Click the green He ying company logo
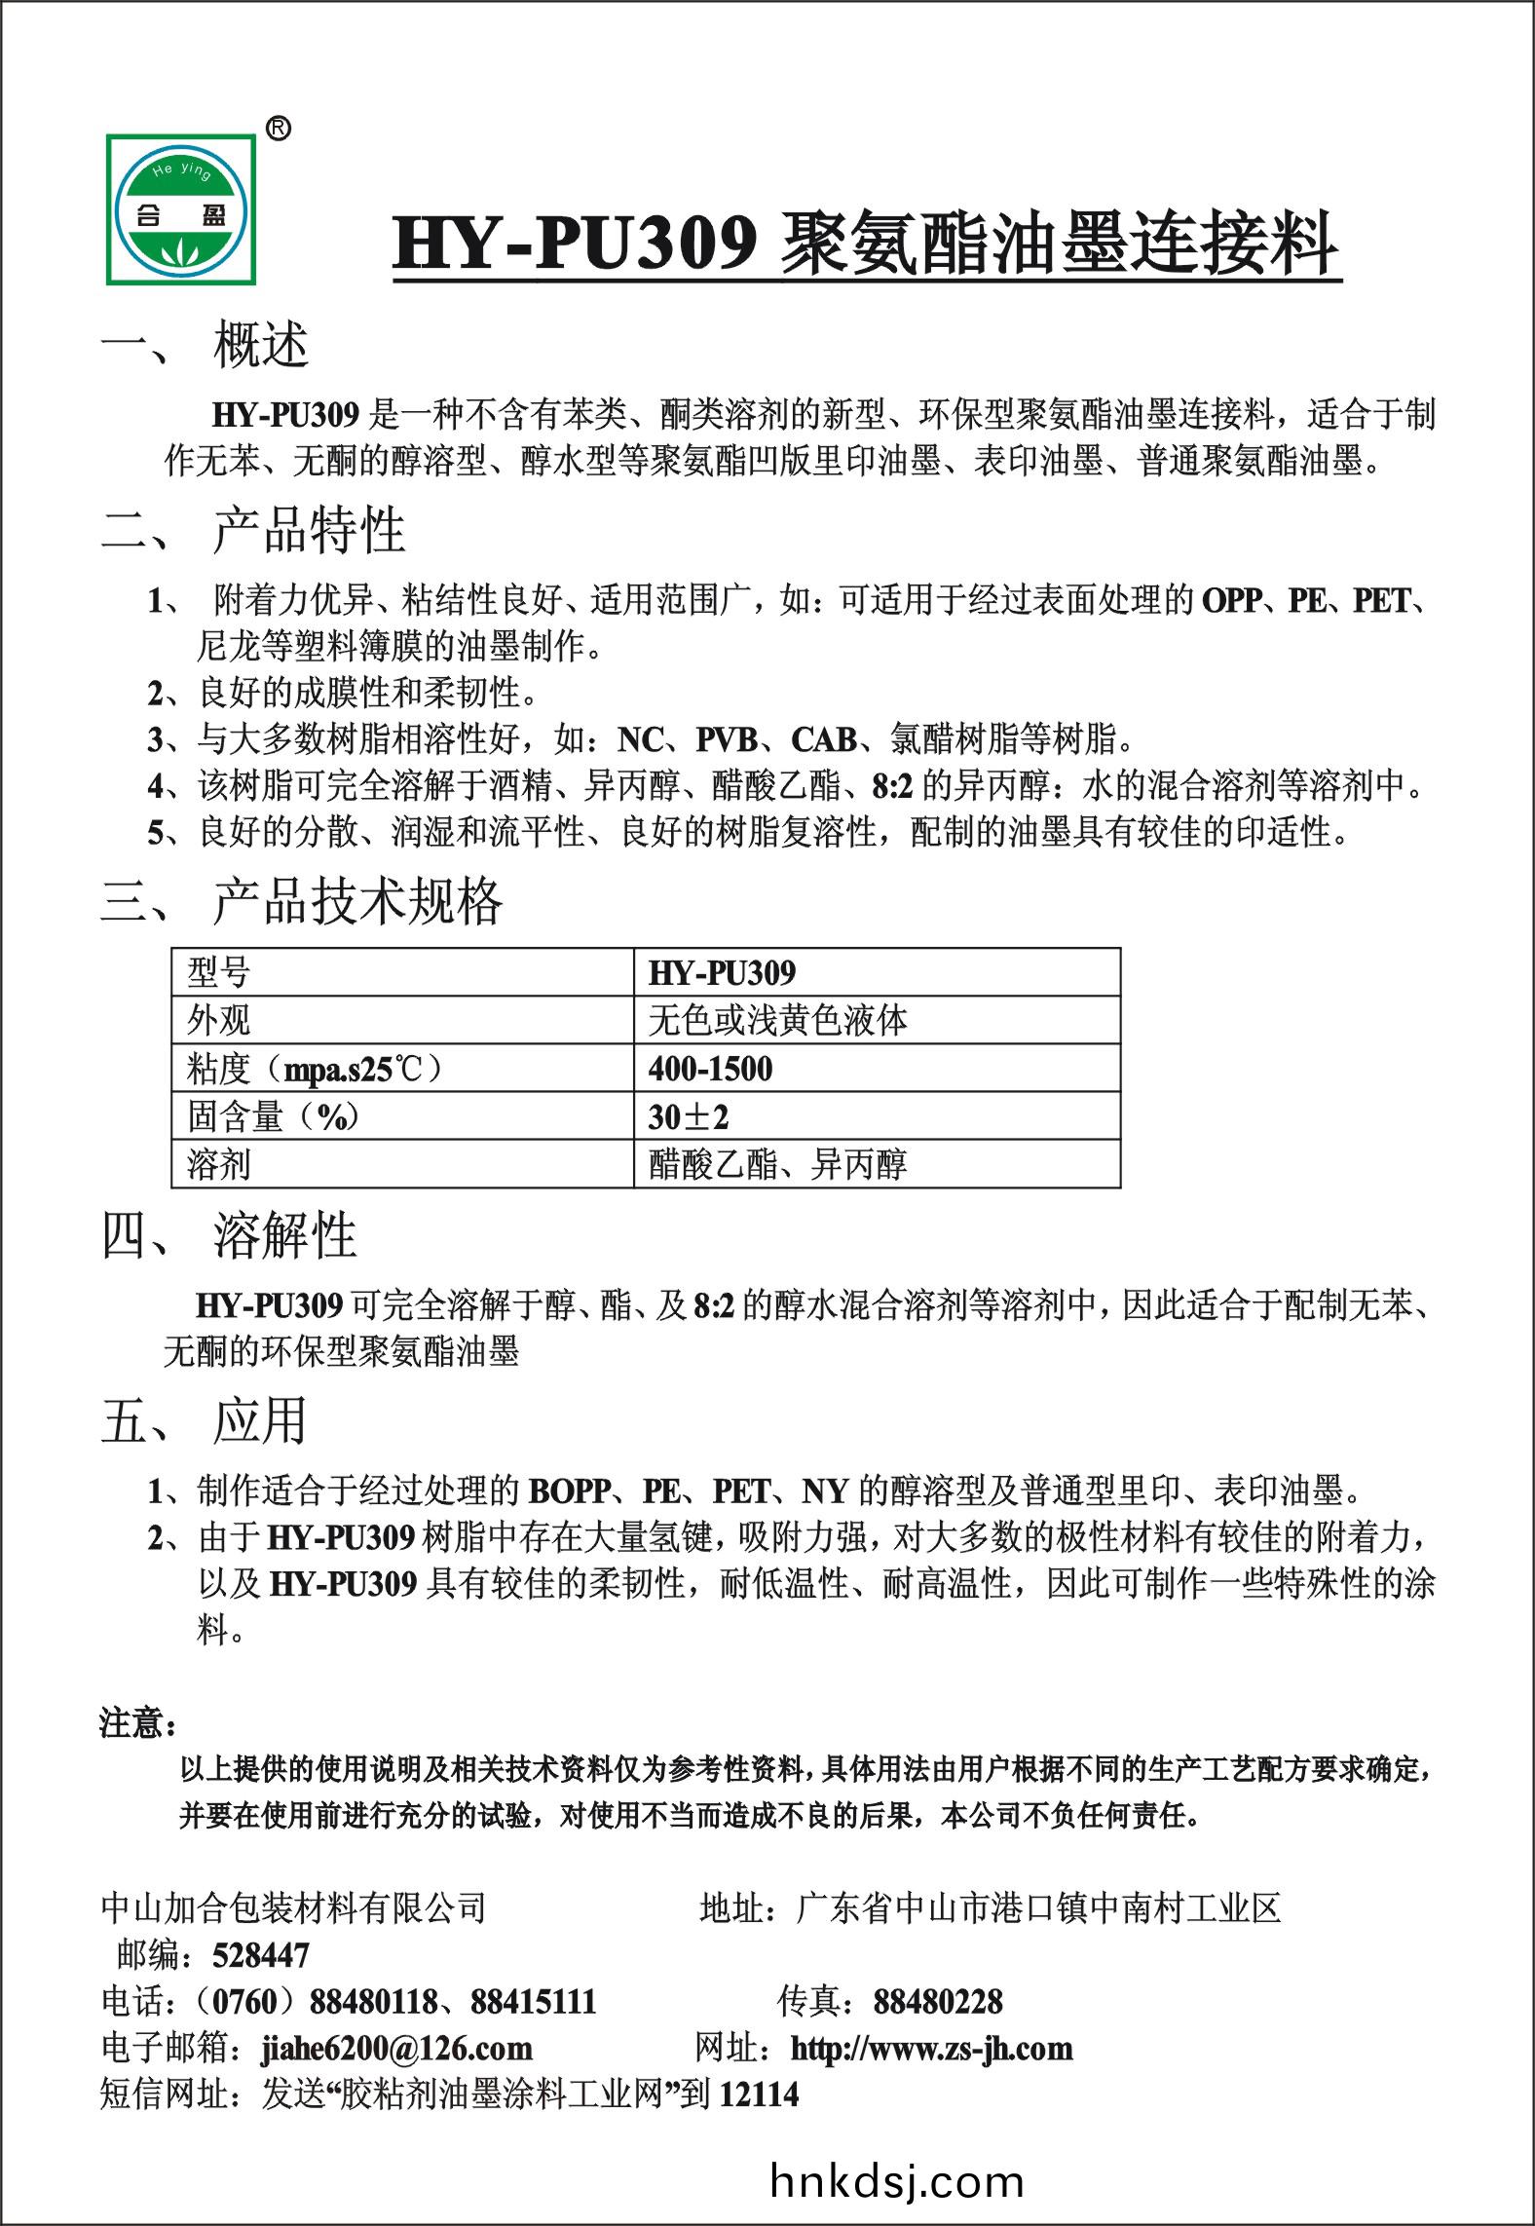(x=181, y=208)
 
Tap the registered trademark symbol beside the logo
(x=278, y=128)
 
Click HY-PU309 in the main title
(x=575, y=244)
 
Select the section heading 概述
(x=261, y=345)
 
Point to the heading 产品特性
(x=309, y=531)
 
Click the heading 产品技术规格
(x=356, y=901)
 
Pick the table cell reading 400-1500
(x=710, y=1069)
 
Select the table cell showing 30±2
(x=688, y=1116)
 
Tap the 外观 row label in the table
(x=219, y=1020)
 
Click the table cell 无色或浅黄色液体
(x=777, y=1020)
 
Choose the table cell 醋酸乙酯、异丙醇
(x=777, y=1164)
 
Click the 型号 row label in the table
(x=219, y=972)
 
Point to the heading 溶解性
(x=284, y=1235)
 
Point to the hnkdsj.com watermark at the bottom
(x=896, y=2181)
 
